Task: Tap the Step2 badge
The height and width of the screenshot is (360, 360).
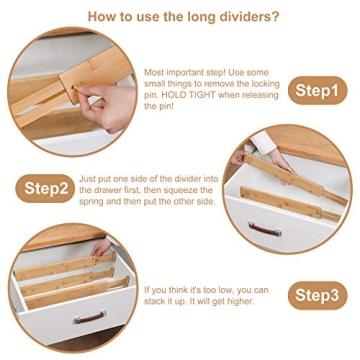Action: coord(46,187)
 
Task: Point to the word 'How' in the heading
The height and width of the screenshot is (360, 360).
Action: coord(103,17)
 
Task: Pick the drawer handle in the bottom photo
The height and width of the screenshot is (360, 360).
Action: coord(89,319)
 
